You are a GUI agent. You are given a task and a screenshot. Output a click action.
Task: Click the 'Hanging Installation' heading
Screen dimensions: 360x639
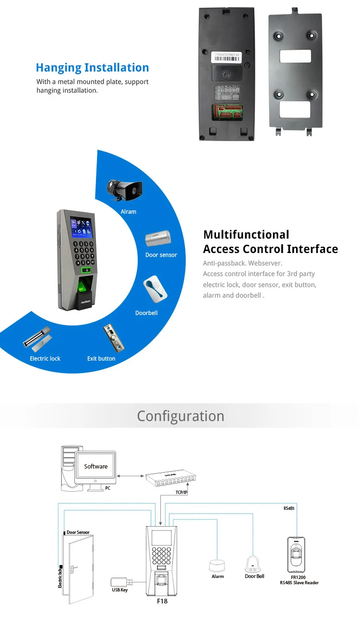tap(93, 68)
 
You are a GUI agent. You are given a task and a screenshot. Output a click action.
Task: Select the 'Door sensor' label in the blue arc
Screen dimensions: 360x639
tap(161, 255)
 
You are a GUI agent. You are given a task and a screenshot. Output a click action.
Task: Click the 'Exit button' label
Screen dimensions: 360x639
tap(101, 359)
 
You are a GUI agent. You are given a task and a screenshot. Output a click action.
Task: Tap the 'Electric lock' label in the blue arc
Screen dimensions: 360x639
tap(45, 359)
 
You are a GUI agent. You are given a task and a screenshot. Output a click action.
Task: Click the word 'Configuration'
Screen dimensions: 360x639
tap(180, 416)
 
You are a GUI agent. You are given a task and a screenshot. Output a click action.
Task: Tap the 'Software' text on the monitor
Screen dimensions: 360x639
tap(96, 466)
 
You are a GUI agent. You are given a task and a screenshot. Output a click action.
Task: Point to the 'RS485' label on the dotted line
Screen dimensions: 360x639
tap(289, 508)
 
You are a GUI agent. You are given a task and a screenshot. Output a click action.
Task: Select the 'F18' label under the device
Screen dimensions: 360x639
tap(162, 601)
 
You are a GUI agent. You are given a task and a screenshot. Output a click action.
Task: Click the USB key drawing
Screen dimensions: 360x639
tap(120, 581)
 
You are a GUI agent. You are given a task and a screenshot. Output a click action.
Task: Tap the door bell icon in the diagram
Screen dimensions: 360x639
tap(254, 563)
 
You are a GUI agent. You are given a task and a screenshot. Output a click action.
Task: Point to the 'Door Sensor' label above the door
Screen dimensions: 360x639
tap(78, 532)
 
